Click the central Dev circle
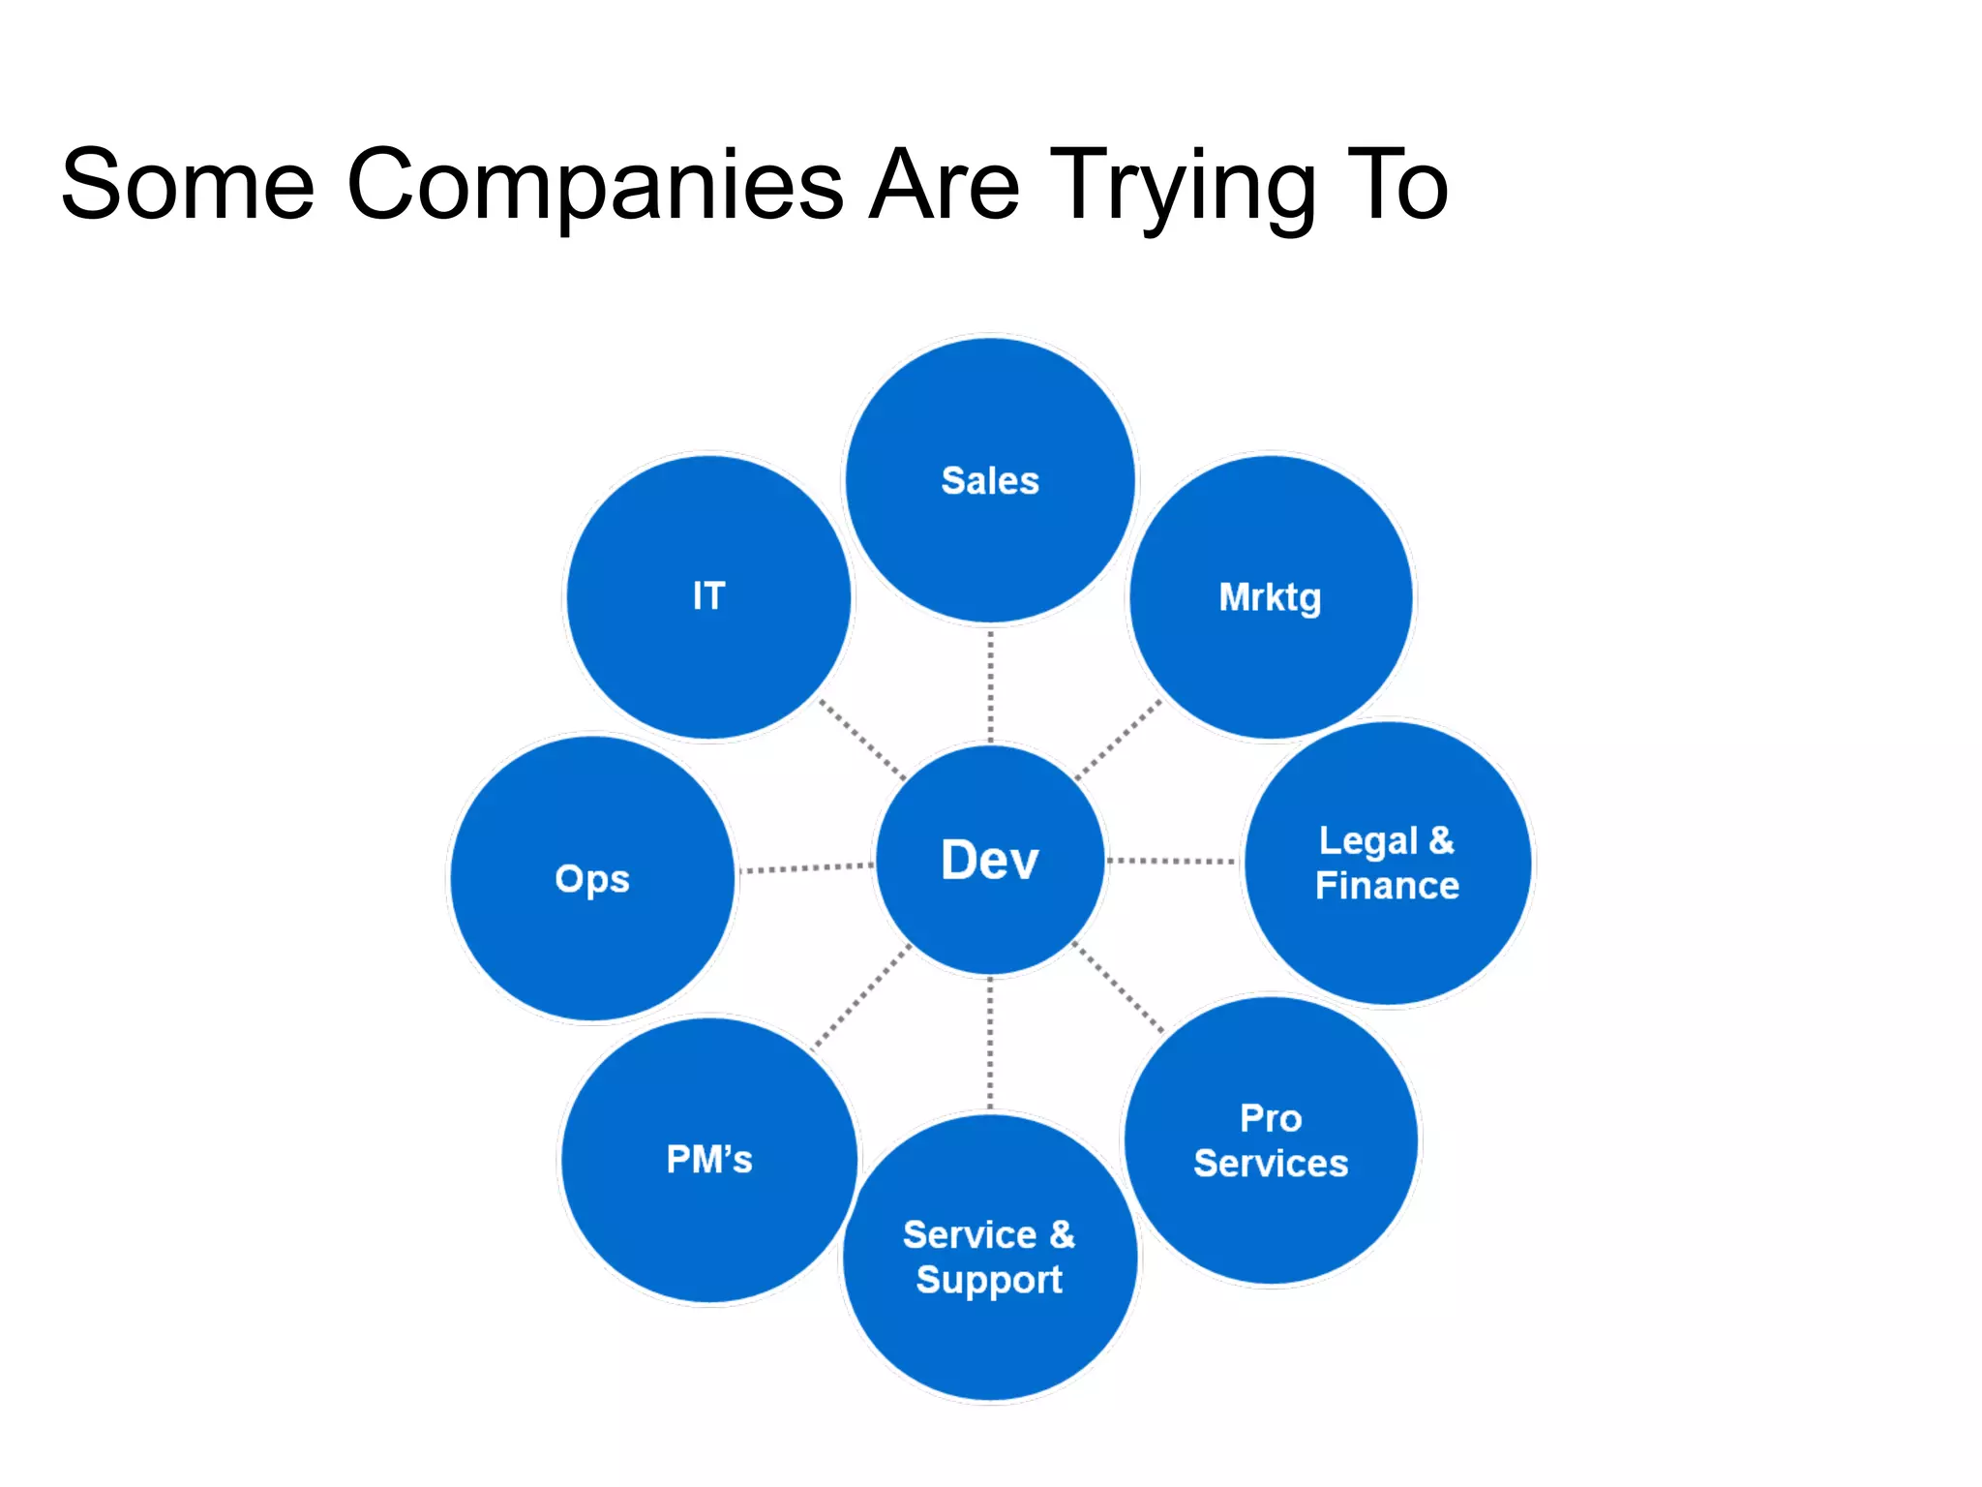[989, 860]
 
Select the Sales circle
[989, 480]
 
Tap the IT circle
[708, 596]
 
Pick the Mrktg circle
[1270, 597]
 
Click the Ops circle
[592, 878]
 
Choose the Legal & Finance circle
[1387, 863]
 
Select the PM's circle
[708, 1159]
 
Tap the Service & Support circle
[989, 1257]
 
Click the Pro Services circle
[1271, 1140]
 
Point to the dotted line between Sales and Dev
[990, 685]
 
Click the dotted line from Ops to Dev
[806, 868]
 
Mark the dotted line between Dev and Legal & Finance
[1171, 861]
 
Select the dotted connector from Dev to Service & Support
[990, 1044]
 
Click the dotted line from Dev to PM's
[860, 997]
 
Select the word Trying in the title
[1183, 186]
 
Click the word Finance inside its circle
[1387, 886]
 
